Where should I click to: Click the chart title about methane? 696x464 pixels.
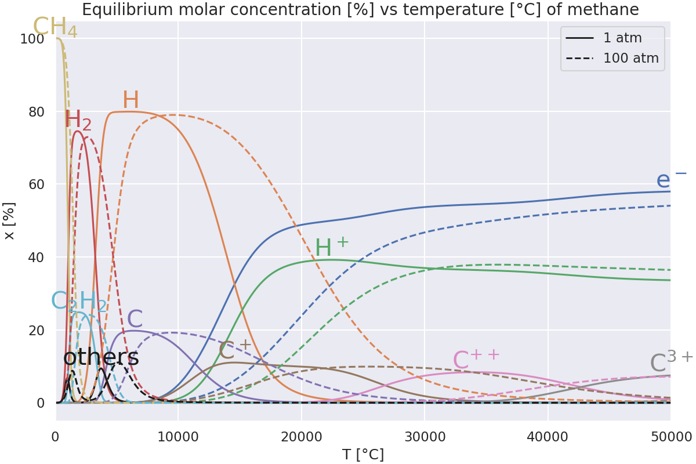click(360, 10)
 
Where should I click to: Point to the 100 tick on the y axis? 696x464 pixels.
click(32, 39)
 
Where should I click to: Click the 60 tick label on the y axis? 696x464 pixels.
click(36, 184)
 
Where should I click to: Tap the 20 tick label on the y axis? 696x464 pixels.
click(36, 330)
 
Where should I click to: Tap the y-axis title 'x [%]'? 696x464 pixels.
click(9, 221)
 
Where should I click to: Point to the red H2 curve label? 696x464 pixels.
click(78, 121)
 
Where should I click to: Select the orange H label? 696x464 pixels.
click(130, 100)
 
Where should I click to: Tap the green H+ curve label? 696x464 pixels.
click(332, 248)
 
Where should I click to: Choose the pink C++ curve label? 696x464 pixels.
click(476, 360)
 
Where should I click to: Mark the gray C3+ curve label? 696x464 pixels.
click(671, 362)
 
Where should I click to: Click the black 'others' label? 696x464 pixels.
click(101, 357)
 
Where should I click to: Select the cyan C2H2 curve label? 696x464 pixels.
click(79, 302)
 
